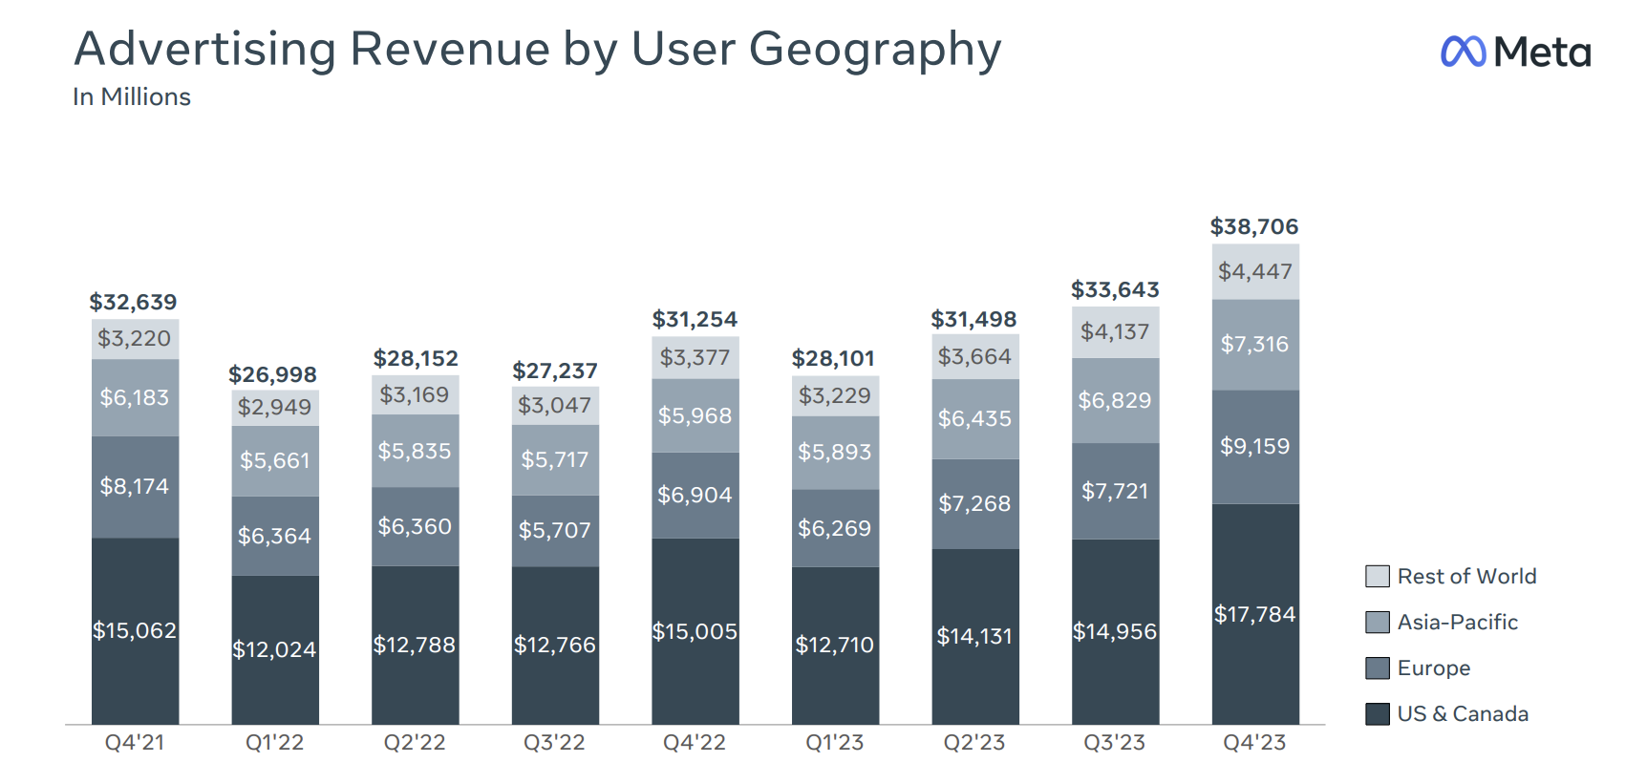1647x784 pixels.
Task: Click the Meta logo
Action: click(x=1515, y=52)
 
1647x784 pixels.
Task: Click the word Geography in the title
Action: click(x=875, y=50)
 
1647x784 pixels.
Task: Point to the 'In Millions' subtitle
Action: click(x=132, y=97)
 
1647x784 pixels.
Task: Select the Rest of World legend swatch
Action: click(x=1377, y=577)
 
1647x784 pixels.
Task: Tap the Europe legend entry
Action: click(x=1433, y=668)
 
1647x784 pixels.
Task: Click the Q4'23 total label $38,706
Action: click(x=1254, y=227)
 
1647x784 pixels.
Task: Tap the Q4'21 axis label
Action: click(x=135, y=743)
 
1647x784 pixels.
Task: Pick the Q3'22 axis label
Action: click(x=554, y=743)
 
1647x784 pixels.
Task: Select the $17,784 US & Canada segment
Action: click(x=1255, y=614)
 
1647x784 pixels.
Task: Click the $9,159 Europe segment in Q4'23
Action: click(x=1255, y=446)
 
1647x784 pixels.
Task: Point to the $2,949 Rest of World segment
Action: click(x=275, y=408)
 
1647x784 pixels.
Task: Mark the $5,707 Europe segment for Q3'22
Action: click(x=555, y=530)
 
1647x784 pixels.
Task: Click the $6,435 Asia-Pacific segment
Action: click(x=974, y=418)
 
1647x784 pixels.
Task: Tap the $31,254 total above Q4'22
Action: click(x=695, y=320)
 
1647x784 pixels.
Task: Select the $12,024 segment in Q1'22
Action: click(x=275, y=649)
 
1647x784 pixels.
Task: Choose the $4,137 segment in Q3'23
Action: click(x=1115, y=332)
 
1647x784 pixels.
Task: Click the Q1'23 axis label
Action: click(x=835, y=743)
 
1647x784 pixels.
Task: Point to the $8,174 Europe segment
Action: click(x=135, y=486)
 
